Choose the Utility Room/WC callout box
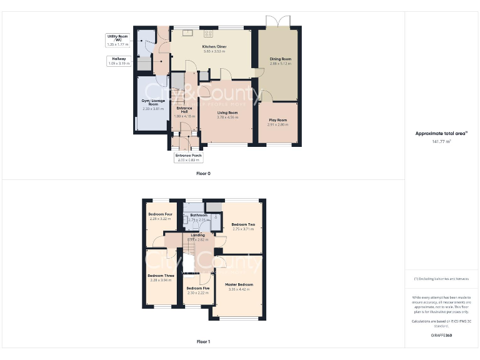pos(117,41)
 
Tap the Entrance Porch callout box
pos(188,157)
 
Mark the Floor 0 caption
pos(204,172)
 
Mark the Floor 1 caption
pos(204,342)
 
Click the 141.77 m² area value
pos(441,141)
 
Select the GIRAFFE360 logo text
pos(441,336)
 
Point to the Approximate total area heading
pos(441,133)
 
